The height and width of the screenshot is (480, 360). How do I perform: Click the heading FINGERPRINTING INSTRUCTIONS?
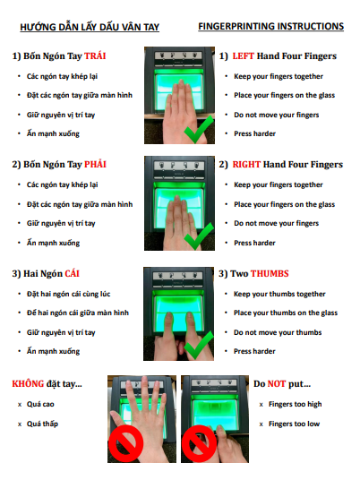pyautogui.click(x=271, y=26)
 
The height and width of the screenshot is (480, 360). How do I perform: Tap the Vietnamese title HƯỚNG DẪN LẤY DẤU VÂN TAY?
pyautogui.click(x=90, y=27)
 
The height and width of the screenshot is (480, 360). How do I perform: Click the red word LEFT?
pyautogui.click(x=243, y=56)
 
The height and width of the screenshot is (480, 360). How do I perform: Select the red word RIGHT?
pyautogui.click(x=246, y=165)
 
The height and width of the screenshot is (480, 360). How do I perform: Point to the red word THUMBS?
pyautogui.click(x=270, y=273)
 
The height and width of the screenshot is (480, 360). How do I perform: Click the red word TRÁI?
pyautogui.click(x=95, y=56)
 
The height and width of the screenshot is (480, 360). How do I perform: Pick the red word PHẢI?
pyautogui.click(x=95, y=165)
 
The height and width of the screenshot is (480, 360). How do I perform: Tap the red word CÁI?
pyautogui.click(x=72, y=273)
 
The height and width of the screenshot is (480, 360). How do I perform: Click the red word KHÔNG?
pyautogui.click(x=28, y=383)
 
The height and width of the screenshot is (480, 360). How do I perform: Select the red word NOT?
pyautogui.click(x=277, y=384)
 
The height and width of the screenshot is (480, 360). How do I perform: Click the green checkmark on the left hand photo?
pyautogui.click(x=199, y=130)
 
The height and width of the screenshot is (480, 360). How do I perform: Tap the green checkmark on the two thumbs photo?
pyautogui.click(x=199, y=346)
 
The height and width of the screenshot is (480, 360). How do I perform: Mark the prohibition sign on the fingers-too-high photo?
pyautogui.click(x=125, y=442)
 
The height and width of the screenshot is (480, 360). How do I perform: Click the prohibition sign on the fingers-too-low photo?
pyautogui.click(x=200, y=442)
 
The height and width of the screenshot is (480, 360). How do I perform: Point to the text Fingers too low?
pyautogui.click(x=295, y=424)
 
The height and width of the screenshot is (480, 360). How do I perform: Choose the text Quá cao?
pyautogui.click(x=40, y=405)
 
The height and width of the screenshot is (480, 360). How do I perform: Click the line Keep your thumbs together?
pyautogui.click(x=279, y=295)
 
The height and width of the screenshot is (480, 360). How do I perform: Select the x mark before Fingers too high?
pyautogui.click(x=261, y=405)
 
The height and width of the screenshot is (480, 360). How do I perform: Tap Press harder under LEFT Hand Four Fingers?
pyautogui.click(x=254, y=133)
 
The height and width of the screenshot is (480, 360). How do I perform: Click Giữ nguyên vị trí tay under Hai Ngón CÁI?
pyautogui.click(x=61, y=332)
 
